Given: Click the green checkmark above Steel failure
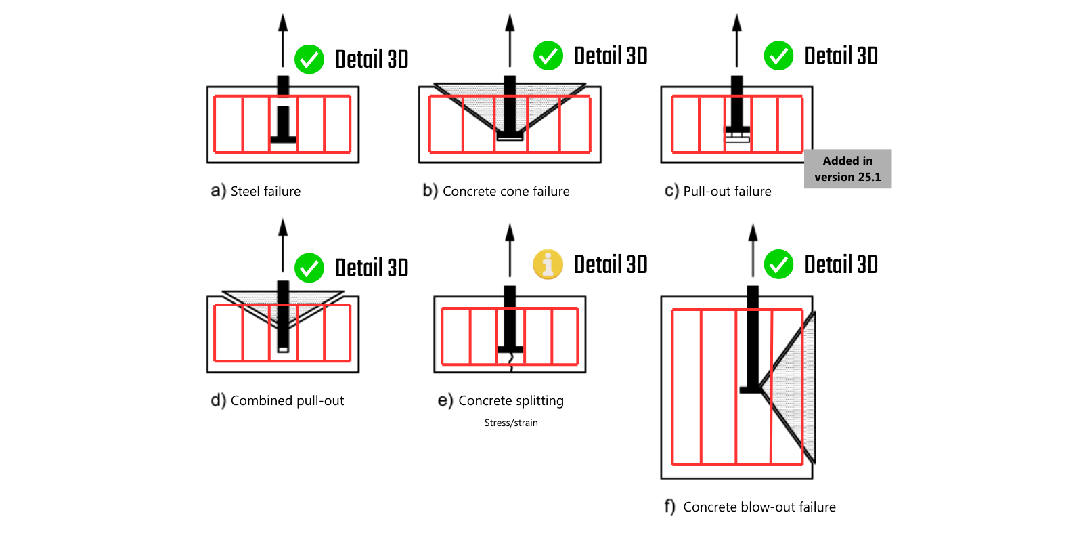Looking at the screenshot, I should (x=309, y=60).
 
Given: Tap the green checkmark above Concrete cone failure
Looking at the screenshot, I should (x=548, y=56).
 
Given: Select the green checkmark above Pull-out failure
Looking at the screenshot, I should (x=778, y=56).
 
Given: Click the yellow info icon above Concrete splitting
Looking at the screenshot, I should (x=548, y=264).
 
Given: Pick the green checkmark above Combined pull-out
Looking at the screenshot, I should (x=309, y=268).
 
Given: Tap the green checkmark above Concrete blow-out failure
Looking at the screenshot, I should (x=778, y=264).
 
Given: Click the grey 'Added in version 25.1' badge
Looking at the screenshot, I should (x=847, y=169).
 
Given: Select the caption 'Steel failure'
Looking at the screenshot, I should (x=265, y=192).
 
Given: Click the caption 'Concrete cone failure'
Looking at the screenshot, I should (x=506, y=192).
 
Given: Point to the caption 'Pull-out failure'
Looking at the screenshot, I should (x=727, y=192).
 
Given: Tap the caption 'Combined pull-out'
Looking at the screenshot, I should (x=287, y=401).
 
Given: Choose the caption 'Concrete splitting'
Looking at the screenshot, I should (x=510, y=401).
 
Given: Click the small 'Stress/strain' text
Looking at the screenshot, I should (x=511, y=423).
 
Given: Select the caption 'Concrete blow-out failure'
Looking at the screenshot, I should (x=759, y=507).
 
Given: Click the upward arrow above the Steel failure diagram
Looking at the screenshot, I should (x=283, y=41).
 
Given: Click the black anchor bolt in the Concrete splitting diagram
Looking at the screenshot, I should (x=510, y=318).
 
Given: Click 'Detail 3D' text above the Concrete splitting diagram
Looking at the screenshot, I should (x=611, y=265).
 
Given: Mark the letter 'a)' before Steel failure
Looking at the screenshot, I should (x=218, y=192).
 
